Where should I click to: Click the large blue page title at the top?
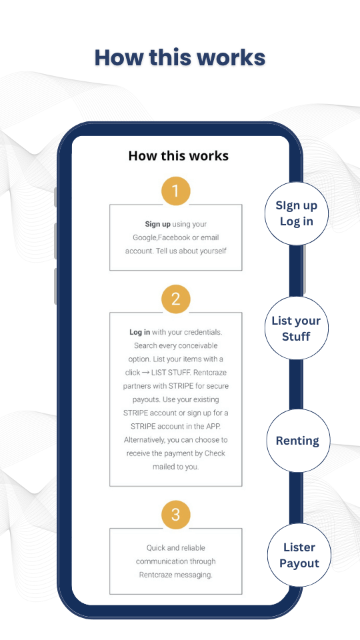[x=180, y=57]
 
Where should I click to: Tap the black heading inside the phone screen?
[x=179, y=155]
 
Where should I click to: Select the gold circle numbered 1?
[x=176, y=191]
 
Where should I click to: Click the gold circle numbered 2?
[x=176, y=299]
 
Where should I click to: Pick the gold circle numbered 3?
[x=176, y=515]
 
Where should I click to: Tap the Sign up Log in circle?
[x=296, y=213]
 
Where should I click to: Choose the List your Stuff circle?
[x=296, y=328]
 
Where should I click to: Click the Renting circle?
[x=298, y=441]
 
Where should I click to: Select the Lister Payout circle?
[x=299, y=555]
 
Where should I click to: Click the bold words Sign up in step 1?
[x=157, y=224]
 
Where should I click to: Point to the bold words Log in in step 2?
[x=139, y=332]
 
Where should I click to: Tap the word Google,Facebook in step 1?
[x=155, y=237]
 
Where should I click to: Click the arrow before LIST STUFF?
[x=145, y=373]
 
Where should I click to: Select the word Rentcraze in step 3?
[x=155, y=575]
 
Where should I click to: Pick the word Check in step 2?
[x=215, y=453]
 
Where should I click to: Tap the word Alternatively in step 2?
[x=144, y=440]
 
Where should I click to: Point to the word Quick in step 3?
[x=155, y=548]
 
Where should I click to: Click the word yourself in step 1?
[x=213, y=251]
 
